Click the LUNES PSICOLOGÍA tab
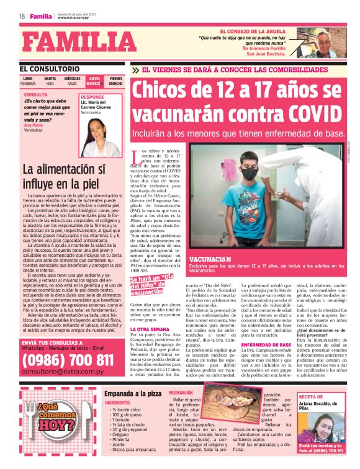[x=29, y=81]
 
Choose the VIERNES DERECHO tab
[x=115, y=81]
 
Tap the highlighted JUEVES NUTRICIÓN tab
[x=94, y=81]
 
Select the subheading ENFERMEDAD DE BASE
[x=266, y=344]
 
